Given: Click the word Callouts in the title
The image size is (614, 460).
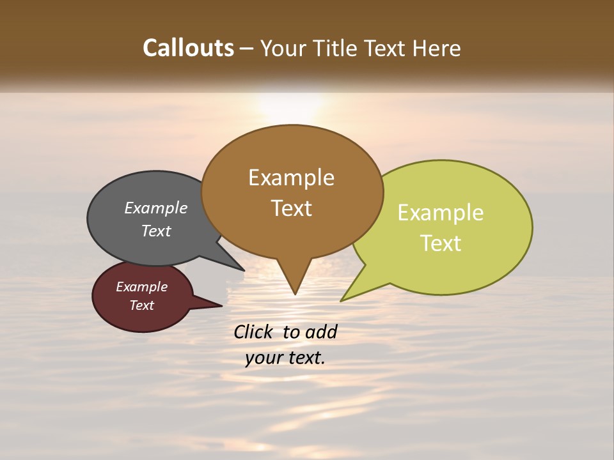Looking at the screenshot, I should (x=188, y=49).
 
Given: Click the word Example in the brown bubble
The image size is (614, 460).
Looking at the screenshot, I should (x=291, y=178).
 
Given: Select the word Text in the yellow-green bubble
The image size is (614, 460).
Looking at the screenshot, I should (x=441, y=243).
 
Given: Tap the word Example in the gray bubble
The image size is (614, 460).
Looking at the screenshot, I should (x=155, y=208).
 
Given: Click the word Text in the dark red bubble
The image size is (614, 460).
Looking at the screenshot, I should (x=141, y=305).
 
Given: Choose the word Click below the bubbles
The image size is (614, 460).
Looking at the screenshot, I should (x=254, y=332).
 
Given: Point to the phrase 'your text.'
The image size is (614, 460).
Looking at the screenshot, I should (x=285, y=358).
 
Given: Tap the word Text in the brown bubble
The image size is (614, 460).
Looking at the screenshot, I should (x=292, y=208).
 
